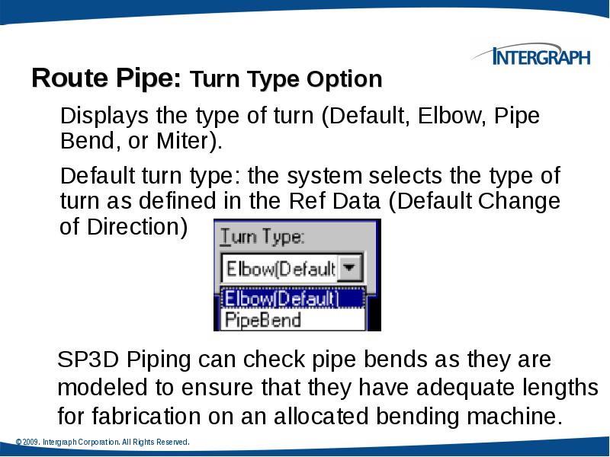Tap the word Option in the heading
tap(344, 79)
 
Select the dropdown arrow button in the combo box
tap(349, 268)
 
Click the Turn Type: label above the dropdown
tap(262, 237)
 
